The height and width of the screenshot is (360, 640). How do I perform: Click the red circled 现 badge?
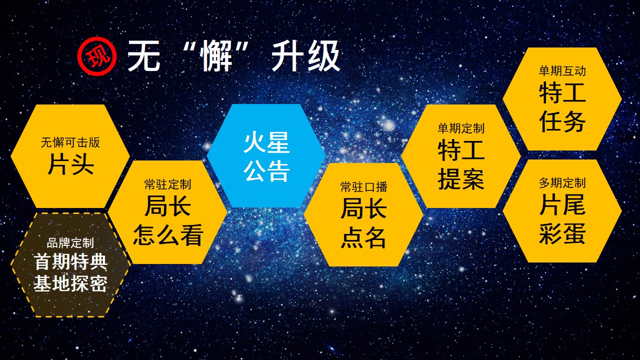[x=97, y=55]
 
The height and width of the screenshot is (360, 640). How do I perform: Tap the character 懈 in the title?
[x=215, y=55]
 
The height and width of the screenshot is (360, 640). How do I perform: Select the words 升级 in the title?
[x=305, y=55]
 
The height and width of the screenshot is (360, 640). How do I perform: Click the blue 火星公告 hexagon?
[x=266, y=155]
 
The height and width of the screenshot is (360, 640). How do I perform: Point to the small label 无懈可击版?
[x=70, y=142]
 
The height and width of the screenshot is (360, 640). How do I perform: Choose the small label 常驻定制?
[x=167, y=184]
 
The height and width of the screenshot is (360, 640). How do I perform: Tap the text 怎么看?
[x=168, y=235]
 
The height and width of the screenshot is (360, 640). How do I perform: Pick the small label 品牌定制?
[x=70, y=243]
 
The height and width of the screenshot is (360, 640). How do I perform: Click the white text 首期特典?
[x=70, y=261]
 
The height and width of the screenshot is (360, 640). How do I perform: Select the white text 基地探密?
[x=70, y=283]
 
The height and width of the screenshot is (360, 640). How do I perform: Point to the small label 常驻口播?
[x=363, y=187]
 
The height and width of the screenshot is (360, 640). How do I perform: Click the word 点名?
[x=363, y=237]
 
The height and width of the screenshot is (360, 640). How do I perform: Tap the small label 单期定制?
[x=461, y=128]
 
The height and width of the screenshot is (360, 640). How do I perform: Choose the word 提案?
[x=461, y=179]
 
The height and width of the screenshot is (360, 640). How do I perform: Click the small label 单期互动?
[x=562, y=71]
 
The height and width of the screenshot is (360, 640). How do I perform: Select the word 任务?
[x=562, y=121]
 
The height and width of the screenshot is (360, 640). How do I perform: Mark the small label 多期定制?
[x=562, y=183]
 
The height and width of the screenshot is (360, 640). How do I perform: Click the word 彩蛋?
[x=562, y=233]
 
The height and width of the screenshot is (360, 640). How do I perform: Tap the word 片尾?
[x=562, y=204]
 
